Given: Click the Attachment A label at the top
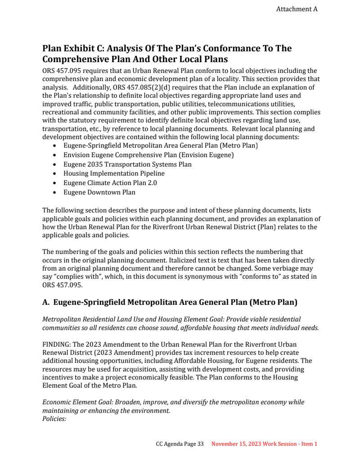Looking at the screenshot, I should (297, 9).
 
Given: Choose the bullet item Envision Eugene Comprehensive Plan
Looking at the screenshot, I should (148, 155).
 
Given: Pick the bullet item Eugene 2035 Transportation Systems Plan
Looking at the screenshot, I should (127, 164).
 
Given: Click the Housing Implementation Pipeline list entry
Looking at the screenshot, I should (114, 173).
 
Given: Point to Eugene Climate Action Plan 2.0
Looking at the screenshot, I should (110, 183).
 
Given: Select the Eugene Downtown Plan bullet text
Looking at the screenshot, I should (99, 192).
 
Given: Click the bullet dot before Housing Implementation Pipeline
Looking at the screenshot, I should (54, 174).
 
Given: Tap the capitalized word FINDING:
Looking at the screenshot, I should (56, 344).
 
